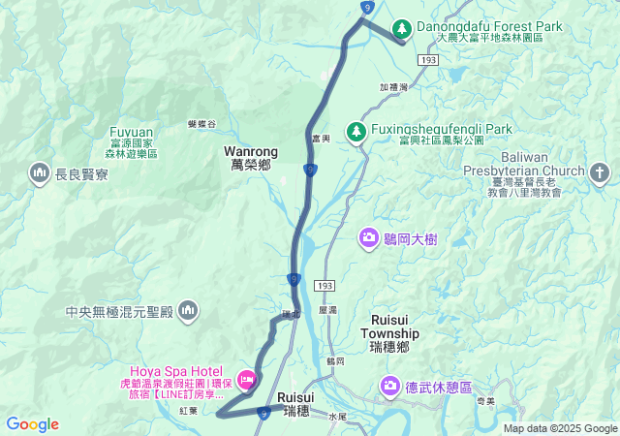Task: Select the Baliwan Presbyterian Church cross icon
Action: [600, 173]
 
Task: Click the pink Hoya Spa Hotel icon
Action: [246, 378]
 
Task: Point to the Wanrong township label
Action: [251, 158]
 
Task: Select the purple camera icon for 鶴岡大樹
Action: [369, 236]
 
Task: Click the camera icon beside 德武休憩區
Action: [390, 387]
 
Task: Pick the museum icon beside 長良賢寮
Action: [40, 173]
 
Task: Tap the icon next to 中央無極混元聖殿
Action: [188, 311]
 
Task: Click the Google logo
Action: [32, 423]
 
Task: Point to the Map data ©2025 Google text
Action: [560, 428]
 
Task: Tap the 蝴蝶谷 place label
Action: [201, 124]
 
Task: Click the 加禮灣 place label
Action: [394, 86]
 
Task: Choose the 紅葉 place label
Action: [188, 411]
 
